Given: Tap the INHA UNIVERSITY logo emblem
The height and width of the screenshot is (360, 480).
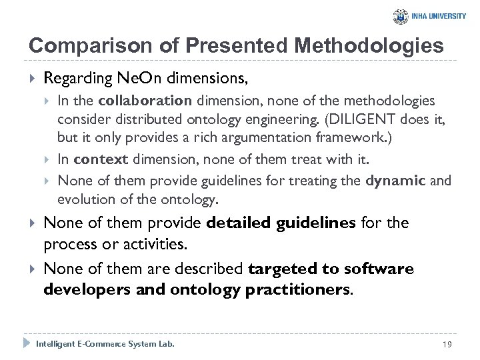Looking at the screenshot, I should point(401,17).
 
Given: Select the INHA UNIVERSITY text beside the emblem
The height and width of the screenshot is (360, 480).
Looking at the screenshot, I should point(439,17).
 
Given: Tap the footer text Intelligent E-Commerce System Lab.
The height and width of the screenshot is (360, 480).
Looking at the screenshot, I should point(105,343).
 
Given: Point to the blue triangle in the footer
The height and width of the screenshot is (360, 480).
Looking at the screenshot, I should point(27,343).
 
